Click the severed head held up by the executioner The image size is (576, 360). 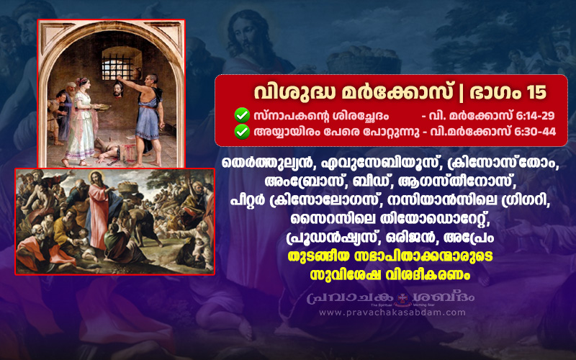click(x=118, y=89)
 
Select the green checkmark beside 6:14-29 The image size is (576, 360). click(x=242, y=115)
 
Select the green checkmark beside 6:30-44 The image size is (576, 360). click(x=242, y=132)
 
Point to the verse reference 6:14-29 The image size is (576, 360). click(x=535, y=116)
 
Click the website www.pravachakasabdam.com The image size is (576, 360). click(x=392, y=312)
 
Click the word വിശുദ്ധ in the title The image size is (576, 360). click(x=295, y=92)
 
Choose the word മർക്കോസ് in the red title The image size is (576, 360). click(x=397, y=92)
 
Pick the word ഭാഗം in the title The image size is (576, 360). click(x=495, y=92)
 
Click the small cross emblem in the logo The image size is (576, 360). click(x=403, y=298)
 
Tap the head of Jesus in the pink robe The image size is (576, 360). click(x=96, y=179)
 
